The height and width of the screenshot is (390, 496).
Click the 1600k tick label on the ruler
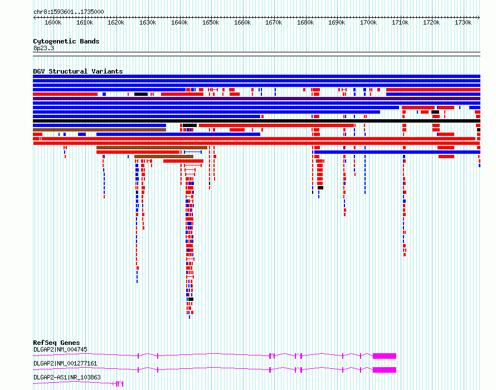tap(53, 22)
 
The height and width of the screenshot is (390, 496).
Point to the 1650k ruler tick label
tap(211, 22)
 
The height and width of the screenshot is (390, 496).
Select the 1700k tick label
tap(368, 22)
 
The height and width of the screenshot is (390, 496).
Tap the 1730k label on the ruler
tap(463, 22)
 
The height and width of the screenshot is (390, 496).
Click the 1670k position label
tap(274, 22)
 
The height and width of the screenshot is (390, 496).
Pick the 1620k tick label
tap(116, 22)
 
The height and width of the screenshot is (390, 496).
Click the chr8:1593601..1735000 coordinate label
tap(69, 12)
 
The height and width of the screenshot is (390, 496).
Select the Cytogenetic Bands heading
tap(66, 41)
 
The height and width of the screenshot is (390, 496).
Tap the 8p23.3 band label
tap(43, 48)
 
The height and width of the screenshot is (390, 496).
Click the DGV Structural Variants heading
tap(78, 71)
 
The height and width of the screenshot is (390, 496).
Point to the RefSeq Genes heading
tap(56, 343)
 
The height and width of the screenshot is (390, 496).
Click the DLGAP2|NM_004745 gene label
tap(60, 349)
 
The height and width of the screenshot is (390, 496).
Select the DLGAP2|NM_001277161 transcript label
tap(65, 363)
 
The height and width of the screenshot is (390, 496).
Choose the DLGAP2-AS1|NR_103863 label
tap(67, 377)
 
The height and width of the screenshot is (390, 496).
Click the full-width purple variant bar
tap(256, 99)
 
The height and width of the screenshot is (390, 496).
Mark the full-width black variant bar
tap(256, 121)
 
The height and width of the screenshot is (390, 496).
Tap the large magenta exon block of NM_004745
tap(385, 356)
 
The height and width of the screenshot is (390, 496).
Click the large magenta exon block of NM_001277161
tap(385, 370)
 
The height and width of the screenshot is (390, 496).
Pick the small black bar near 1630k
tap(141, 94)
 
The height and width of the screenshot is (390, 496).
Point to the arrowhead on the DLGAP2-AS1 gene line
tap(113, 384)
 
